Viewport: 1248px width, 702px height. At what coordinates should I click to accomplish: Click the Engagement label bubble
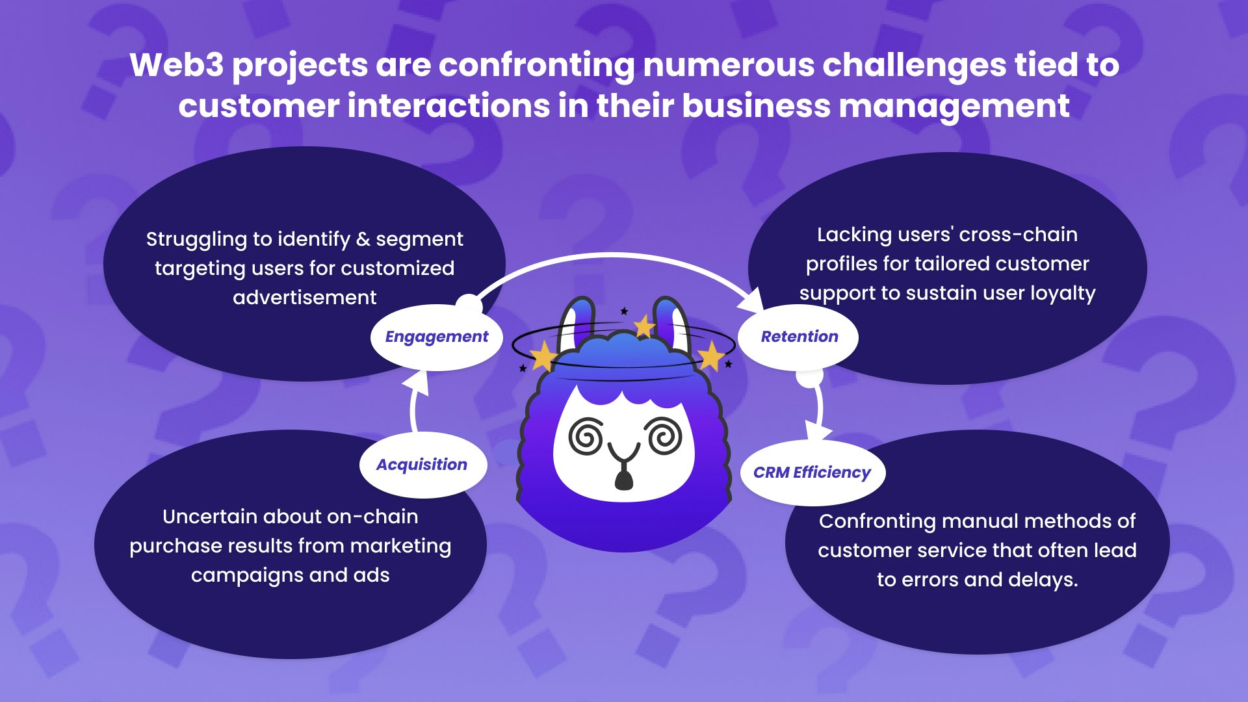436,337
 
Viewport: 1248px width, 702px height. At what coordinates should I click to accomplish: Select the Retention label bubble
799,337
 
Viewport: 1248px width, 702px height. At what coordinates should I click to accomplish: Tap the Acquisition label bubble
422,465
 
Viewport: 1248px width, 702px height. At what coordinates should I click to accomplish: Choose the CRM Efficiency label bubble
812,473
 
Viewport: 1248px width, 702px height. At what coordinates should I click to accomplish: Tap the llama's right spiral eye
664,435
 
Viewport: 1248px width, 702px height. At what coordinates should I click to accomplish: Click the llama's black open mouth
623,480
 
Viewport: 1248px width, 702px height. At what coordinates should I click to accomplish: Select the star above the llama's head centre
643,326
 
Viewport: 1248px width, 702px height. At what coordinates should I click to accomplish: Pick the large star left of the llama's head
542,356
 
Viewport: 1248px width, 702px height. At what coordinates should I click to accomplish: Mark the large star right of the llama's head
710,357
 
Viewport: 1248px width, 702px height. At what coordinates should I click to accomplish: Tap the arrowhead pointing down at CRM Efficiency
817,431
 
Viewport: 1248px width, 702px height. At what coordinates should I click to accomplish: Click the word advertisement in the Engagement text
304,298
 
